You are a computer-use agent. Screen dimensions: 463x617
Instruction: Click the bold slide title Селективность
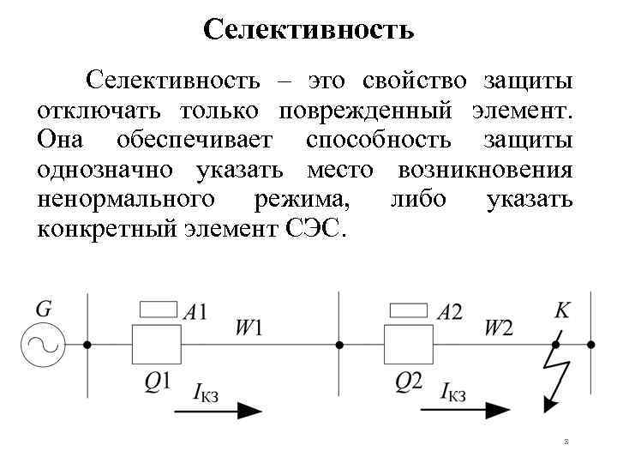[308, 31]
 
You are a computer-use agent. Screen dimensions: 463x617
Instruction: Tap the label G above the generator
[44, 306]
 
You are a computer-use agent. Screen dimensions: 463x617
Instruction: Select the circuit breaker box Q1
[157, 345]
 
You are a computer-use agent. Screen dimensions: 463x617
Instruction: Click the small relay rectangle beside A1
[157, 310]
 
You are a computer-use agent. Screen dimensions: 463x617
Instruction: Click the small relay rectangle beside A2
[409, 310]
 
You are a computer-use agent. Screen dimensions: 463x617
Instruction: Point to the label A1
[196, 312]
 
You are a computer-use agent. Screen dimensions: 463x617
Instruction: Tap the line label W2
[500, 327]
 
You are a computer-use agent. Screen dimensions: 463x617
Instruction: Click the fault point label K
[562, 310]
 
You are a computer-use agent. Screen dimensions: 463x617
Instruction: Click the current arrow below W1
[218, 410]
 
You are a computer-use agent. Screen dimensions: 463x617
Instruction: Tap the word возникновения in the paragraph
[485, 171]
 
